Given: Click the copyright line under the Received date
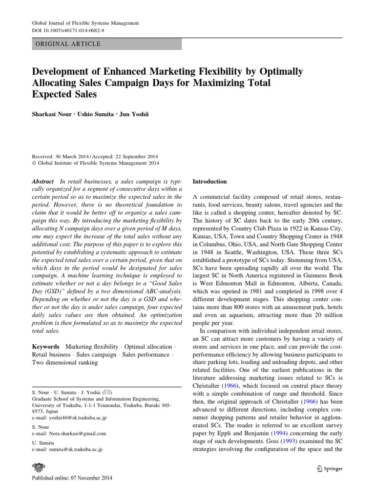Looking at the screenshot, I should click(x=96, y=163).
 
